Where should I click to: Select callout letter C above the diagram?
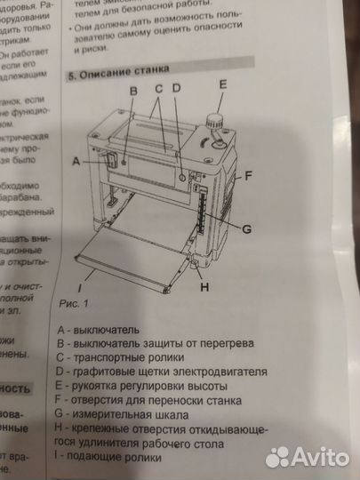158,89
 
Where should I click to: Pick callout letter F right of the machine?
250,174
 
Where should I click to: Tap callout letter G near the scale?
246,228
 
